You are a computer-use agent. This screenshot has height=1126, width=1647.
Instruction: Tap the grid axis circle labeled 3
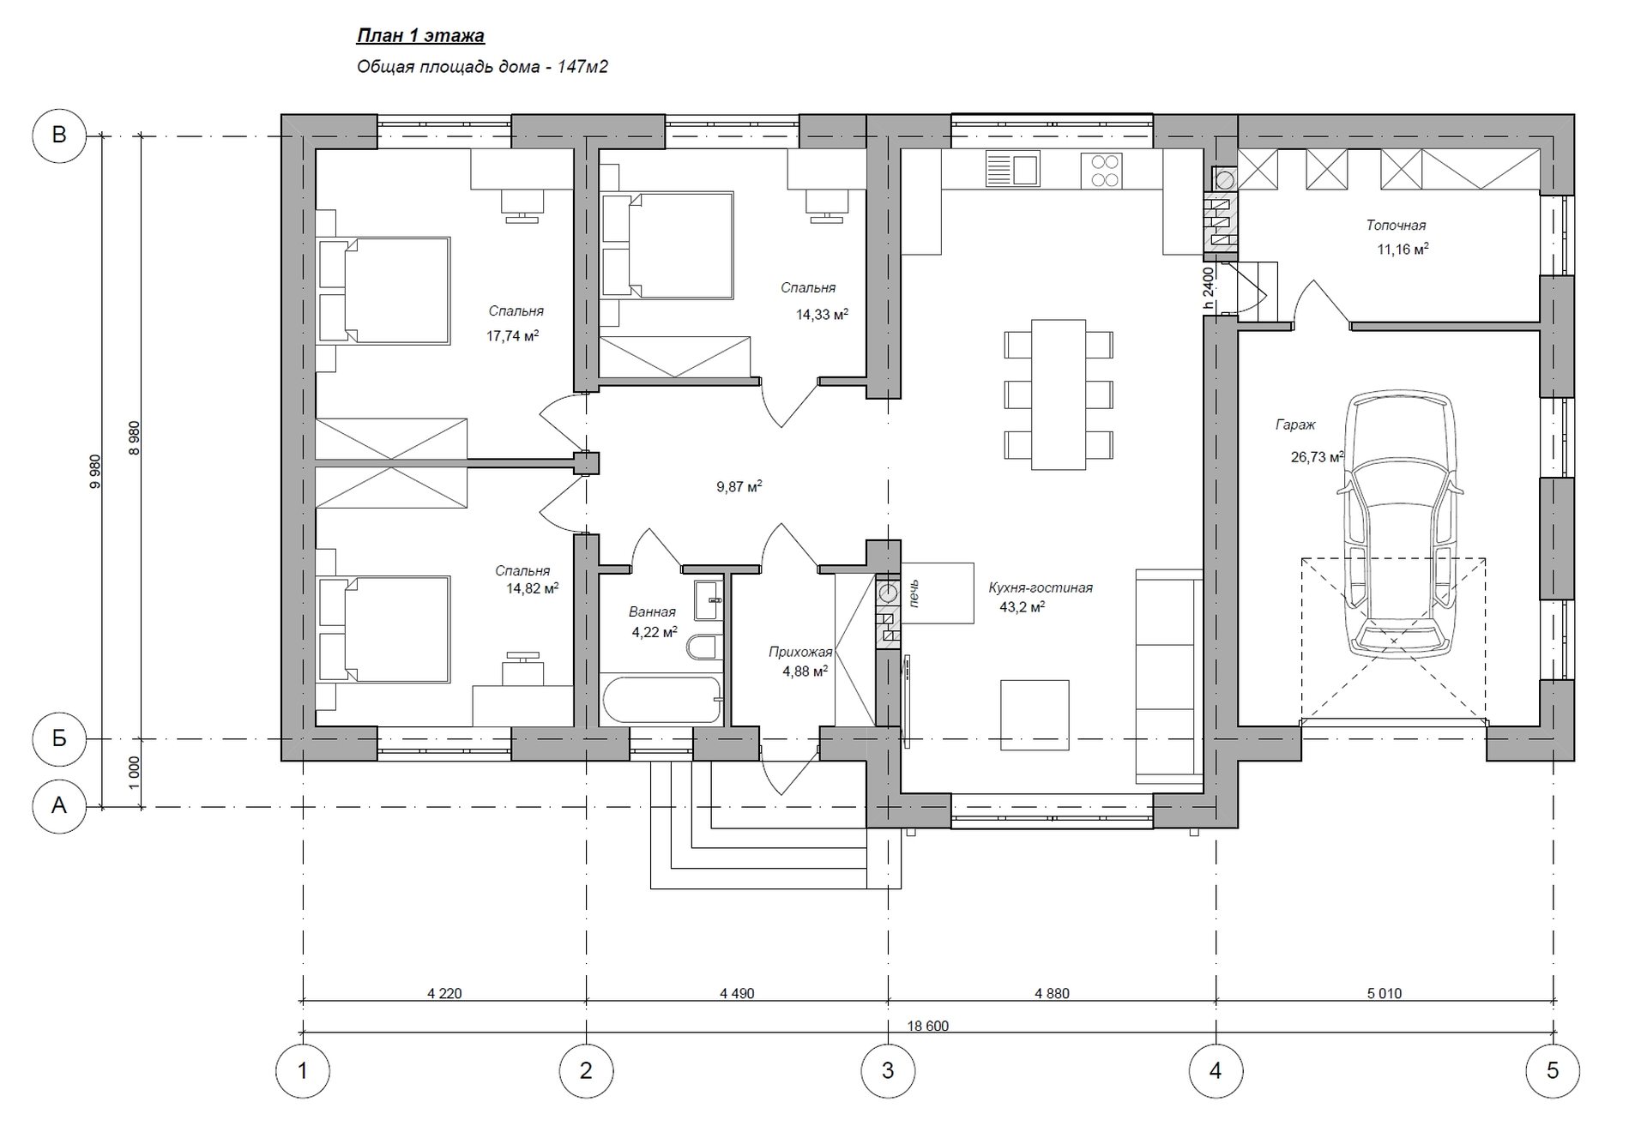tap(888, 1070)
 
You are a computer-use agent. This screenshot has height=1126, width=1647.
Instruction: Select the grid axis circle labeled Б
tap(59, 738)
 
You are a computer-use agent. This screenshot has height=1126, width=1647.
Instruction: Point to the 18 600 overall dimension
tap(927, 1026)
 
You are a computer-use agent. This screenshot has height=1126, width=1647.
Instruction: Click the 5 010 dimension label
tap(1384, 993)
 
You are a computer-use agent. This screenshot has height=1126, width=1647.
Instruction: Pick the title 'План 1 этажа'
tap(420, 36)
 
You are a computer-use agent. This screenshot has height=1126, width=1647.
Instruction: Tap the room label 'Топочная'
tap(1396, 226)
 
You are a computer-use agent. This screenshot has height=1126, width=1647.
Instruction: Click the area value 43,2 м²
tap(1022, 607)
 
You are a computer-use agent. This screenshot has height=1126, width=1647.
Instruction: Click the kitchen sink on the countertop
tap(1012, 169)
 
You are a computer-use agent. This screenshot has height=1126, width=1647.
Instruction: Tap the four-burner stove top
tap(1099, 169)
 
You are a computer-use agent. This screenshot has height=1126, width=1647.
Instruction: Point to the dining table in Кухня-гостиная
tap(1059, 394)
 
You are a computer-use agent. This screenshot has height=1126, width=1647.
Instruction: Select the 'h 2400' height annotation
tap(1208, 287)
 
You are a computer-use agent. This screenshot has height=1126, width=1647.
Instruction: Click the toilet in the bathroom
tap(704, 647)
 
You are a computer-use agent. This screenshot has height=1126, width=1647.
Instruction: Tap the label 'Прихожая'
tap(800, 653)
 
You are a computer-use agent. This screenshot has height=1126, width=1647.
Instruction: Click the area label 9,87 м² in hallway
tap(739, 487)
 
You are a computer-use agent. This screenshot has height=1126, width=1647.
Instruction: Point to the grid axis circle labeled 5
tap(1553, 1070)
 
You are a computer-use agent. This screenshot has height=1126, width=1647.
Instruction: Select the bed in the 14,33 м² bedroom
tap(667, 245)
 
